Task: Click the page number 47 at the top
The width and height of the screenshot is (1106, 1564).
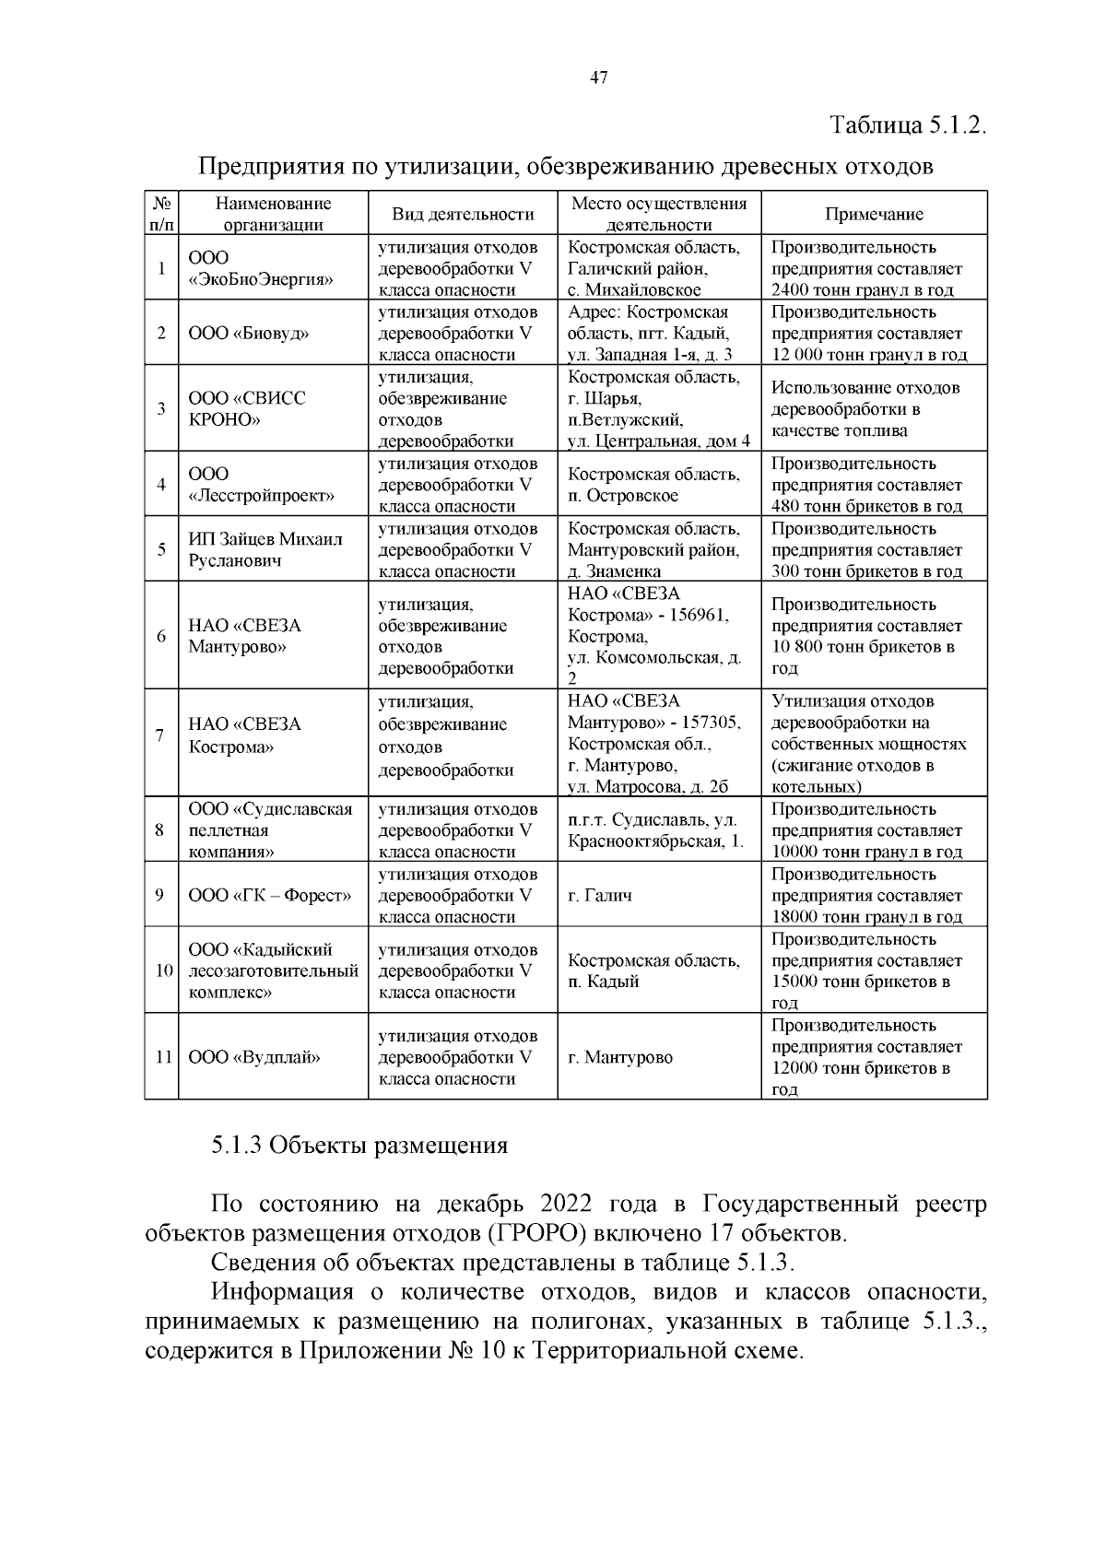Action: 597,78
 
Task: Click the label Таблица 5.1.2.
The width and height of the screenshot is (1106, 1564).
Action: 908,125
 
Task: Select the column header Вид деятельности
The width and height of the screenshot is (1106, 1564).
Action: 463,214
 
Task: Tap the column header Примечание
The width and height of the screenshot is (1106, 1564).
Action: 873,214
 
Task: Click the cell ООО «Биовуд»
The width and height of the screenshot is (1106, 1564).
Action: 248,334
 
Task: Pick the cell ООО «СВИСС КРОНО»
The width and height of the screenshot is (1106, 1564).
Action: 246,408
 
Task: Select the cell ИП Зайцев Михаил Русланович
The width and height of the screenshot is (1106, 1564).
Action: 265,549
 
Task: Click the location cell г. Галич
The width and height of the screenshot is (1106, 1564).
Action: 599,895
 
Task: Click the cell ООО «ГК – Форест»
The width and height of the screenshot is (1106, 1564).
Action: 269,895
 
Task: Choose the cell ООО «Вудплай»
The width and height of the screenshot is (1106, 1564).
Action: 254,1057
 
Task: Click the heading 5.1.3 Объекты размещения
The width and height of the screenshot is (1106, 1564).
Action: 359,1146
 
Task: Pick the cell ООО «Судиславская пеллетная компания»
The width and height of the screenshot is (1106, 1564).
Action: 270,830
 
